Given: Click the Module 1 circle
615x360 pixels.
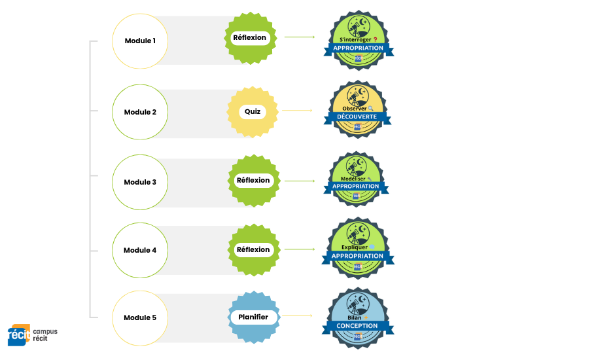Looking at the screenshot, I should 141,41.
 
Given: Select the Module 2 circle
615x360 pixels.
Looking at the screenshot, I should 141,112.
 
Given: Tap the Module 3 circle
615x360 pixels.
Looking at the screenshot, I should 141,182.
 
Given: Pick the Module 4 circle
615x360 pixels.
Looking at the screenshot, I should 141,250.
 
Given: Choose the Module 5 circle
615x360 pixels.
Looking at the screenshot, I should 141,318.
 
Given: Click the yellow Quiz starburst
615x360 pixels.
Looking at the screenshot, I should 253,111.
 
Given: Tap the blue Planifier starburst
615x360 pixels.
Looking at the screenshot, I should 253,317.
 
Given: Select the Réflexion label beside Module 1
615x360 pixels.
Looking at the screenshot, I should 250,38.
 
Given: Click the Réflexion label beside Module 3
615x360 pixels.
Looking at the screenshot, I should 253,180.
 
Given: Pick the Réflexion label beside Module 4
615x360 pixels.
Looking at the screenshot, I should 253,249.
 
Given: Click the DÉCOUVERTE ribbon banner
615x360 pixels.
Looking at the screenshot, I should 357,117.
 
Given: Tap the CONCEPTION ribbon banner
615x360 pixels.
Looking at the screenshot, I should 357,325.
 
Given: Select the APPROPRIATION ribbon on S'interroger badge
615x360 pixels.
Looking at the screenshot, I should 358,48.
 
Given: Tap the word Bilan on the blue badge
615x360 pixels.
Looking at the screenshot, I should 355,318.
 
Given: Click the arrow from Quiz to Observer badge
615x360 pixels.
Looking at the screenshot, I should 298,111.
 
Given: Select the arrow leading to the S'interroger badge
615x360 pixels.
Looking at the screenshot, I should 300,37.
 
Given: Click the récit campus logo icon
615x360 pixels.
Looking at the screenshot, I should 19,334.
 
